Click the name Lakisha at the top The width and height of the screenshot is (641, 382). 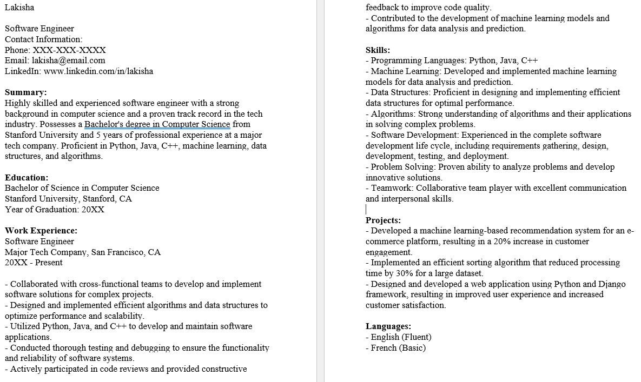pyautogui.click(x=19, y=8)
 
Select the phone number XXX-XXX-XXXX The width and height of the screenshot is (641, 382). pyautogui.click(x=69, y=50)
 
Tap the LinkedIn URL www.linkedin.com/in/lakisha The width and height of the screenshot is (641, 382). pyautogui.click(x=98, y=71)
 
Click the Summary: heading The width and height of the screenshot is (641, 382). pyautogui.click(x=26, y=92)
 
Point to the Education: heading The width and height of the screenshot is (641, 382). pyautogui.click(x=27, y=177)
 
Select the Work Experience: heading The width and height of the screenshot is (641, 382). pyautogui.click(x=41, y=231)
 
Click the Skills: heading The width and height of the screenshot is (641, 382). pyautogui.click(x=378, y=50)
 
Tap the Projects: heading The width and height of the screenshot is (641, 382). pyautogui.click(x=383, y=220)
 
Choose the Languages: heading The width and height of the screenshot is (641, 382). pyautogui.click(x=388, y=326)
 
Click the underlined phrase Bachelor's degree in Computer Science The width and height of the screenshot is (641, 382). pyautogui.click(x=157, y=124)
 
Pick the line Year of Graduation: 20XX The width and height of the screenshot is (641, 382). pyautogui.click(x=55, y=209)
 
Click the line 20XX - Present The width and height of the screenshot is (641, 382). pyautogui.click(x=34, y=263)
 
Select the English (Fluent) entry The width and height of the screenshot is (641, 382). pyautogui.click(x=401, y=337)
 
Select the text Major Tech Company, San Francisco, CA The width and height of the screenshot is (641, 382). pyautogui.click(x=83, y=252)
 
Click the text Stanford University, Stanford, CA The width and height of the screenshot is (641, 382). pyautogui.click(x=68, y=199)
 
